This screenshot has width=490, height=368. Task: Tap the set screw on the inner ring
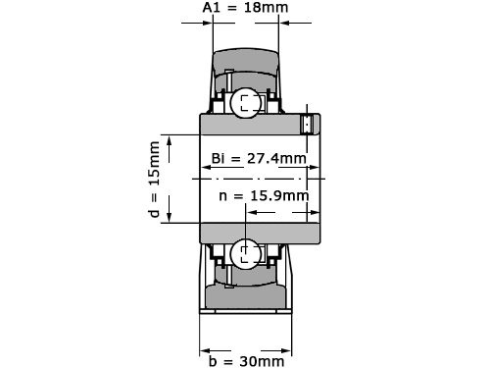click(307, 125)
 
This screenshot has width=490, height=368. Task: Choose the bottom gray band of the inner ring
click(260, 234)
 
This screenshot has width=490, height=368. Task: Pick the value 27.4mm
click(275, 158)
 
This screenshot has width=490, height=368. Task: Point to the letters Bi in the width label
click(219, 158)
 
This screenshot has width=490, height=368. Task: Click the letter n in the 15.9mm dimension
click(225, 195)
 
